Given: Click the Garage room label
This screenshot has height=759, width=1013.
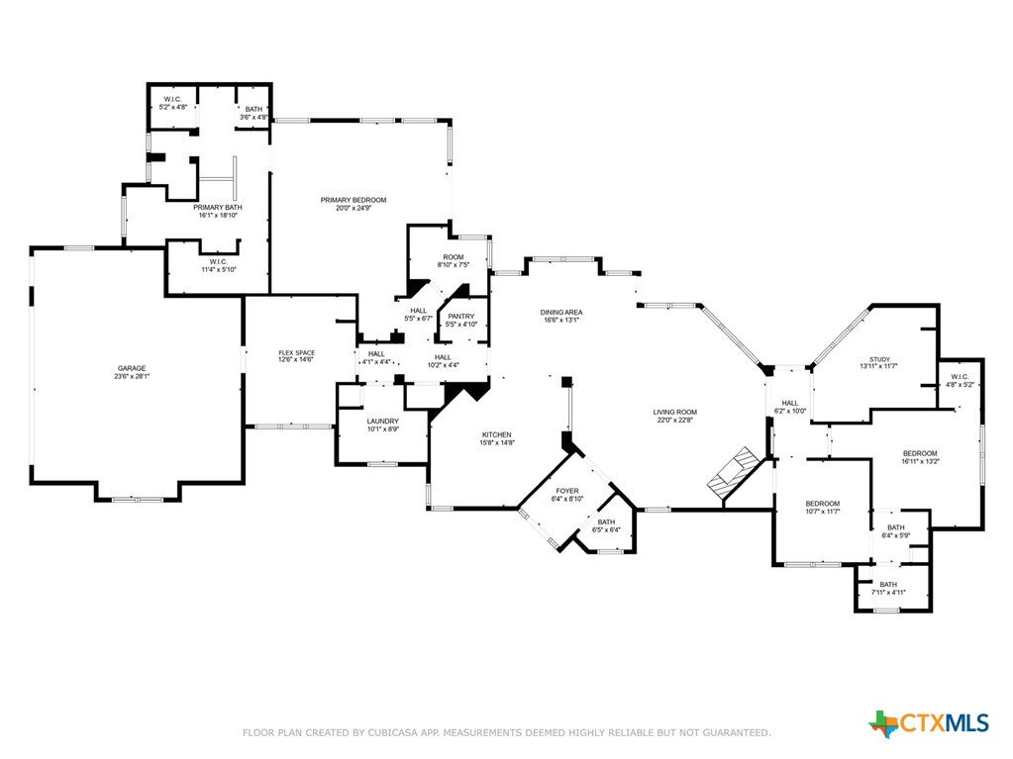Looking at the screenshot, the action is tap(132, 368).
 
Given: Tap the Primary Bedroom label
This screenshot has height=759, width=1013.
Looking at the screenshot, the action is tap(354, 200).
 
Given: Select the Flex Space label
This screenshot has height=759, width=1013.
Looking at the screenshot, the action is tap(296, 353).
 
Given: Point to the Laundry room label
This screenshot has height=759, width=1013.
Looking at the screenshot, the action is tap(383, 422).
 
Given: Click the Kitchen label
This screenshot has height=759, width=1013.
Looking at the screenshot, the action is tap(497, 435).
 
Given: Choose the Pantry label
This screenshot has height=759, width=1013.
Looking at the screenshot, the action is tap(461, 317).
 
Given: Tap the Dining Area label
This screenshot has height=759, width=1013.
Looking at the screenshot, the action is tap(561, 313).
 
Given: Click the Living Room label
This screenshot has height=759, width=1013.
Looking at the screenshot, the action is tap(675, 412).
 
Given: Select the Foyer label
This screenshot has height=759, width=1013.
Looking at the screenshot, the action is tap(567, 491).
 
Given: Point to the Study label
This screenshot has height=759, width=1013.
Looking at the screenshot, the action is tap(879, 359).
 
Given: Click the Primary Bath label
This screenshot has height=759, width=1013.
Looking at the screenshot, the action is tap(218, 207).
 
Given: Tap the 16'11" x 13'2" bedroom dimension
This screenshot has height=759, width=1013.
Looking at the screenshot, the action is tap(920, 461).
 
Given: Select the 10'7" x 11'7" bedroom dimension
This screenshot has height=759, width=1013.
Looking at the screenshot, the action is tap(823, 512).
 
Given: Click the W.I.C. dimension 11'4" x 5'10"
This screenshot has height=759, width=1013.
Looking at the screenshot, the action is tap(219, 269).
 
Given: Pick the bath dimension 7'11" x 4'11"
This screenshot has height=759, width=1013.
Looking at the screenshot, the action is tap(888, 592).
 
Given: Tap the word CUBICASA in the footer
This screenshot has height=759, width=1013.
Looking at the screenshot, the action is tap(394, 732).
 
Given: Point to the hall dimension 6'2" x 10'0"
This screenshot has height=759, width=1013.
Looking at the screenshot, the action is tap(790, 411).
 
